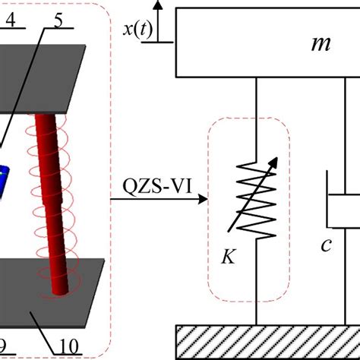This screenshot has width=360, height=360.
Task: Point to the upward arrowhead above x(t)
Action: tap(158, 5)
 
